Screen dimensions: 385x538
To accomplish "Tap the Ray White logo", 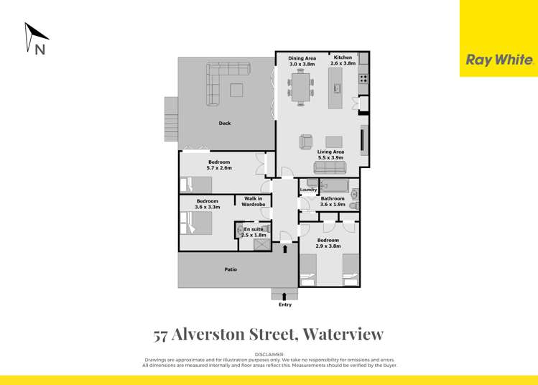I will point(500,60).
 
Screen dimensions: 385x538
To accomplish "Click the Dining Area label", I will point(302,57).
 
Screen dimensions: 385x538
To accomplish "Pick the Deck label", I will point(225,124).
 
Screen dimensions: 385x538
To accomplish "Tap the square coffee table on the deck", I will point(236,89).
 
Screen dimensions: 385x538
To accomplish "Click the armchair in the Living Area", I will point(307,142).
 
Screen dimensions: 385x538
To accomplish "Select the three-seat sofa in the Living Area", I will point(330,168).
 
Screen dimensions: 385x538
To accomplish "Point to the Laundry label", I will point(308,190).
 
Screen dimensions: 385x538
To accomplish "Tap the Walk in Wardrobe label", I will point(254,201).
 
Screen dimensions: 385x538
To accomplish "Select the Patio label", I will point(229,269).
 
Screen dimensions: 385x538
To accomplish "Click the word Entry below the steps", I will point(285,305).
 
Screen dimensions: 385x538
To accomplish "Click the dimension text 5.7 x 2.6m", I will point(219,167).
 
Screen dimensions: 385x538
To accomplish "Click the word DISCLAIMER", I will point(269,355).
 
